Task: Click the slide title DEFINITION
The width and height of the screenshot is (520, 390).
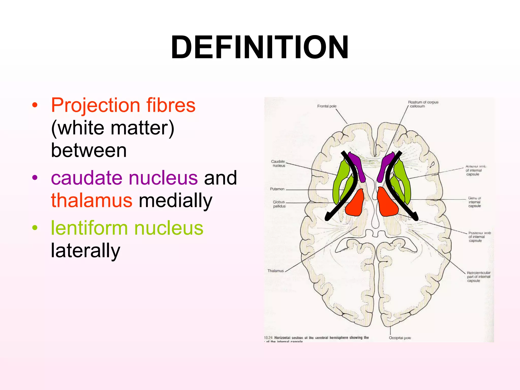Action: [x=259, y=47]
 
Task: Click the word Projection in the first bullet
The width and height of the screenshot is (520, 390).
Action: [x=95, y=105]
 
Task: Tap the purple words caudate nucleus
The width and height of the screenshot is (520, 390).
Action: [x=124, y=178]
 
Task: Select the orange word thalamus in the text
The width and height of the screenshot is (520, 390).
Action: [x=91, y=200]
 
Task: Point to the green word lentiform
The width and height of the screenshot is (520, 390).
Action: [x=89, y=228]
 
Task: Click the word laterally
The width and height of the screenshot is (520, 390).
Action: [x=85, y=250]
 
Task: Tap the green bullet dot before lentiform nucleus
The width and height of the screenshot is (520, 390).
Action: [x=35, y=228]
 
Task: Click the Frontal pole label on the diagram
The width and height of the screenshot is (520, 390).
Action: [x=327, y=106]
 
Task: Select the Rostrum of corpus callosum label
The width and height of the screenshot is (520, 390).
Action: [x=423, y=104]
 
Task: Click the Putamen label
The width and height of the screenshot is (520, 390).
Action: [x=277, y=189]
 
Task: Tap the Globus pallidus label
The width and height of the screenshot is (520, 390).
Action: [x=279, y=204]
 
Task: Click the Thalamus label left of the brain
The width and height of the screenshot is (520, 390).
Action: [x=275, y=271]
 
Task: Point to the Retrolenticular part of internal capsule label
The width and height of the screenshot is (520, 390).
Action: [x=478, y=277]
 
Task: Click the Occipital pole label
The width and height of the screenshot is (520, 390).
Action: [x=400, y=338]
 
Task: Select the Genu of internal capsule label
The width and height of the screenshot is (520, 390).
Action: [x=474, y=202]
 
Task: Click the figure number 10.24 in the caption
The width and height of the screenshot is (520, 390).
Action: [x=268, y=337]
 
